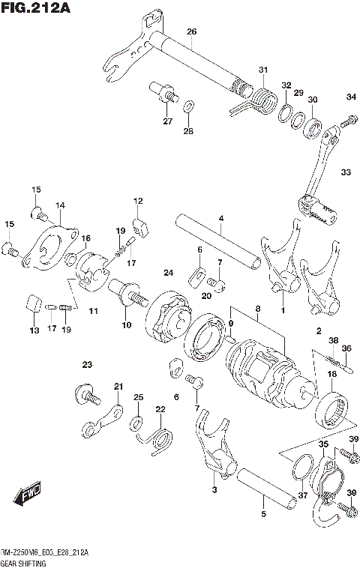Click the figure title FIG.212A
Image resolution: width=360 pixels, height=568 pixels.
point(35,8)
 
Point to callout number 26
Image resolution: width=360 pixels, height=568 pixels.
point(191,31)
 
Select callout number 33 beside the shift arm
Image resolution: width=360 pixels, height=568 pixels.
point(345,172)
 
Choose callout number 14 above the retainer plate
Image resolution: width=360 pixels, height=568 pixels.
point(59,205)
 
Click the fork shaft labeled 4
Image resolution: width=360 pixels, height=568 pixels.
point(221,243)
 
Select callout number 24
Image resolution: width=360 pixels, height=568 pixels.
point(169,272)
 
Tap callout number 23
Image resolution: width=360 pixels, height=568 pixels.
point(87,365)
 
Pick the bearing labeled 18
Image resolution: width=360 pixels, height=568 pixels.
point(333,414)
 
